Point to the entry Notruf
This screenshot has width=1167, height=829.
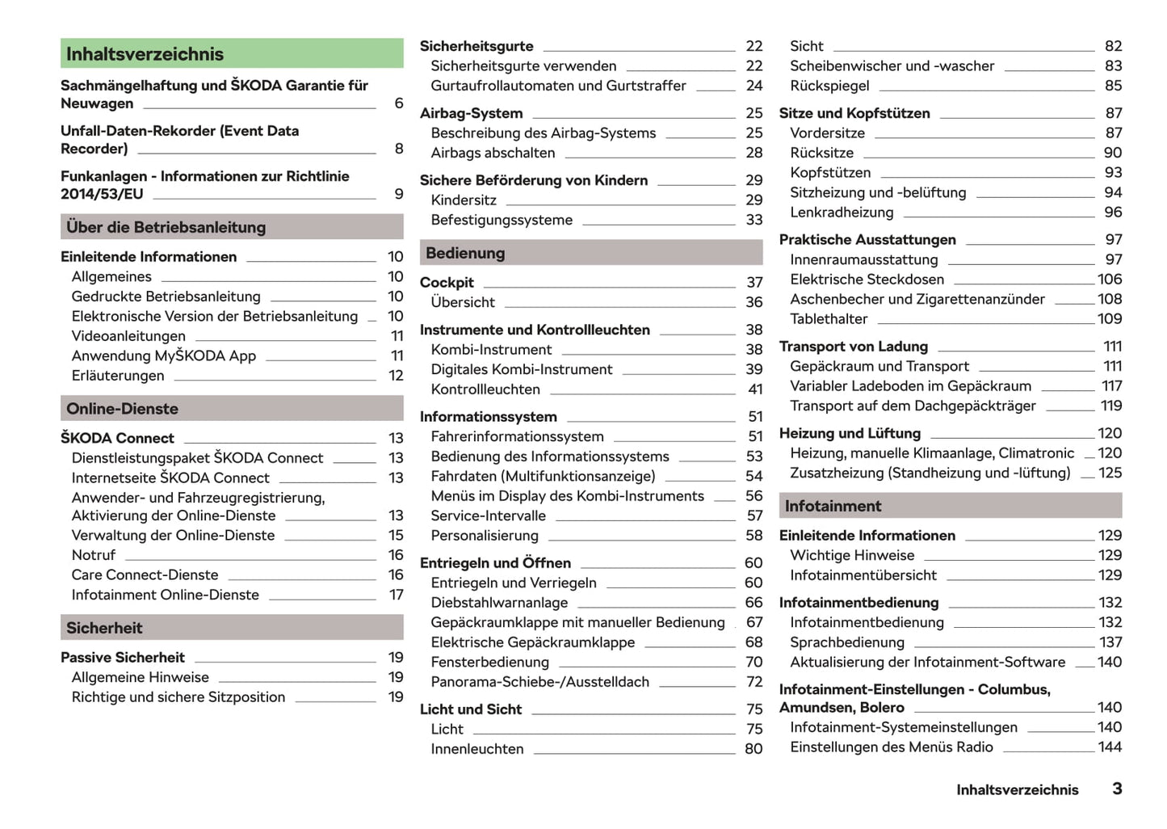tap(94, 555)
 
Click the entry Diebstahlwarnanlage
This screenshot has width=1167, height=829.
tap(499, 603)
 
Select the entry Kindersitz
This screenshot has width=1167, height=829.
tap(464, 200)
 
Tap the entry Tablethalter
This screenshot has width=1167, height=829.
tap(829, 319)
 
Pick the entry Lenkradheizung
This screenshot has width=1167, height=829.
tap(842, 213)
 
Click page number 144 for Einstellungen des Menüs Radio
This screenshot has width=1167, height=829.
tap(1110, 747)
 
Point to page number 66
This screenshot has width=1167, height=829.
tap(754, 603)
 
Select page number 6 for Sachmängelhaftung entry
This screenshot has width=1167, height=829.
tap(398, 103)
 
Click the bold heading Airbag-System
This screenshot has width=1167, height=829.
tap(471, 114)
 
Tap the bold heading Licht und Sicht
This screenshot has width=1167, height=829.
tap(471, 709)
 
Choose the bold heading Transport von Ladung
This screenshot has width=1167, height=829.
tap(854, 347)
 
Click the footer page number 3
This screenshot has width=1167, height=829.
tap(1117, 789)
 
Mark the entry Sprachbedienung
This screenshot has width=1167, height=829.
tap(847, 642)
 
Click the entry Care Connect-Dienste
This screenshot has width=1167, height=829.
tap(145, 575)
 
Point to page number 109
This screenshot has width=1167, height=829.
tap(1110, 319)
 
